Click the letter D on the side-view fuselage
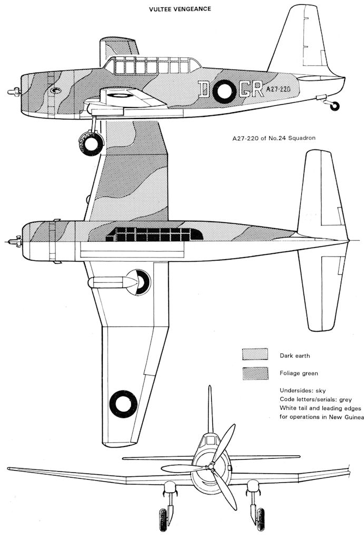[x=205, y=90]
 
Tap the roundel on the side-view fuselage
[x=225, y=91]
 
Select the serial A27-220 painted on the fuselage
[x=278, y=90]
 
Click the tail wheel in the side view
[x=334, y=106]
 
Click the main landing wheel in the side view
[x=91, y=143]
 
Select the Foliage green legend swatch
[x=255, y=373]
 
